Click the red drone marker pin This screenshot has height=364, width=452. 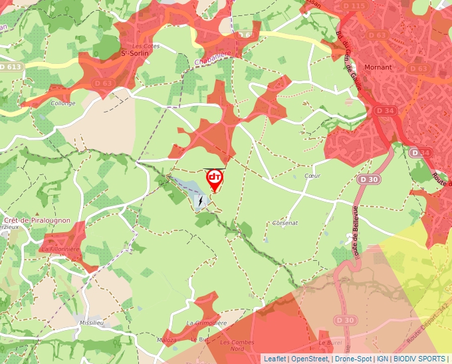(x=215, y=178)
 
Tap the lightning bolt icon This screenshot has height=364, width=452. (x=199, y=200)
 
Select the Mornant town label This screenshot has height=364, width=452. (x=378, y=67)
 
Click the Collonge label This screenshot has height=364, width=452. (x=63, y=103)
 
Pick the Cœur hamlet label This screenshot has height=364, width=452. (x=312, y=176)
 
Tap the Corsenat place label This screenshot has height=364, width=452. (x=285, y=223)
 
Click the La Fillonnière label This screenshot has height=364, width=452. (x=60, y=249)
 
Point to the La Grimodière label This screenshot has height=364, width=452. (x=206, y=323)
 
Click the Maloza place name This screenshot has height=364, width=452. (x=167, y=339)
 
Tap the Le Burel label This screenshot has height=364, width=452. (x=326, y=343)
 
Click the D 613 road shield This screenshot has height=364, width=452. (x=11, y=67)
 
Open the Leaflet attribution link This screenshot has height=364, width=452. (x=275, y=359)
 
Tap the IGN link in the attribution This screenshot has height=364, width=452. (x=382, y=359)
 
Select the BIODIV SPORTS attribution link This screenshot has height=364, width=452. (x=419, y=359)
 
